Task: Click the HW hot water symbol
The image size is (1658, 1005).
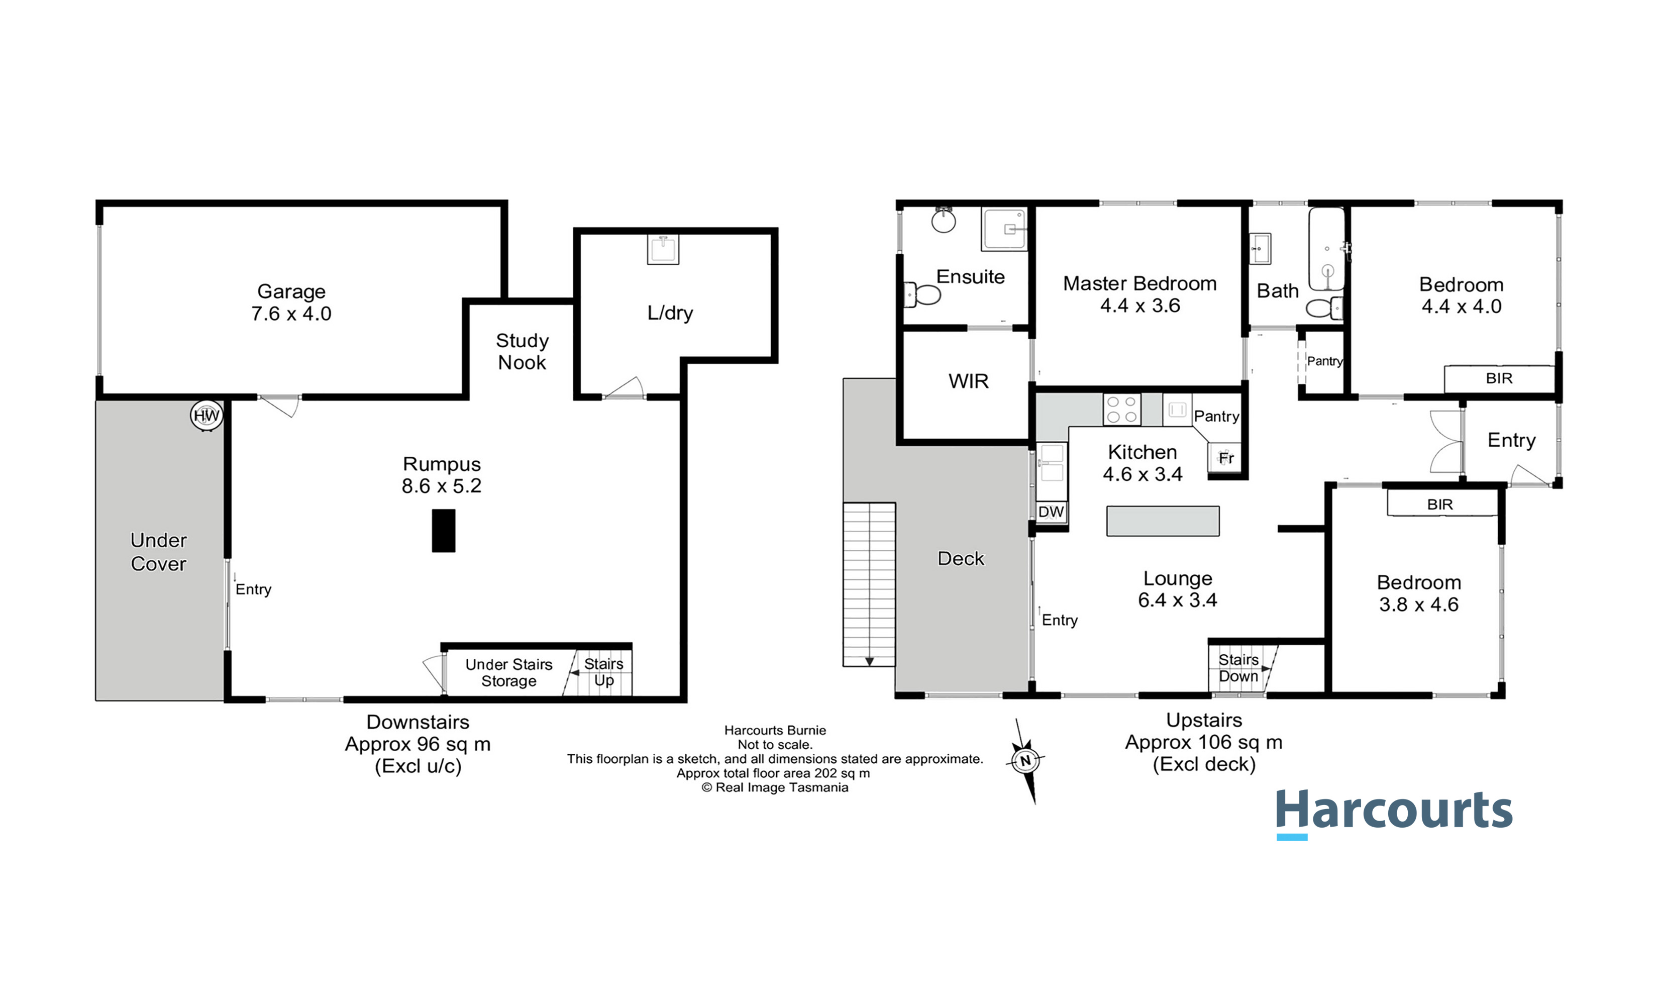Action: pyautogui.click(x=206, y=416)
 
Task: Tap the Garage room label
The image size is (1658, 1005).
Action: pyautogui.click(x=291, y=291)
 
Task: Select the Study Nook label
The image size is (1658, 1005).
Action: pyautogui.click(x=522, y=351)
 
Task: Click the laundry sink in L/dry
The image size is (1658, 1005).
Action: pyautogui.click(x=663, y=249)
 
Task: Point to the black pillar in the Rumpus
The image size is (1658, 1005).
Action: pyautogui.click(x=444, y=531)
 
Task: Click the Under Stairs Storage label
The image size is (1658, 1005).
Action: pyautogui.click(x=508, y=672)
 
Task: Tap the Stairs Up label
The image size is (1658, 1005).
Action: pyautogui.click(x=603, y=672)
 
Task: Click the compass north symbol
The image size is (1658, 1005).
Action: pyautogui.click(x=1025, y=761)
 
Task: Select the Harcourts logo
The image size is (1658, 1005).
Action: pyautogui.click(x=1394, y=813)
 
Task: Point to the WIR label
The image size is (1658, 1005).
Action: pyautogui.click(x=968, y=381)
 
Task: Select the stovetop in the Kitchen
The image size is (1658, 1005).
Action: pyautogui.click(x=1122, y=409)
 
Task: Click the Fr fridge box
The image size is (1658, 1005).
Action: pyautogui.click(x=1225, y=458)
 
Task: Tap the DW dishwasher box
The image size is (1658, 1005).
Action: pyautogui.click(x=1051, y=512)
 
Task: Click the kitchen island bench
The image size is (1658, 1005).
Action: pyautogui.click(x=1163, y=521)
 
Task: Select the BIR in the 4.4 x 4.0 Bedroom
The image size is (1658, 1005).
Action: pyautogui.click(x=1499, y=379)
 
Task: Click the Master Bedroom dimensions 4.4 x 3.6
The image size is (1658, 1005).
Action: pyautogui.click(x=1140, y=306)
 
